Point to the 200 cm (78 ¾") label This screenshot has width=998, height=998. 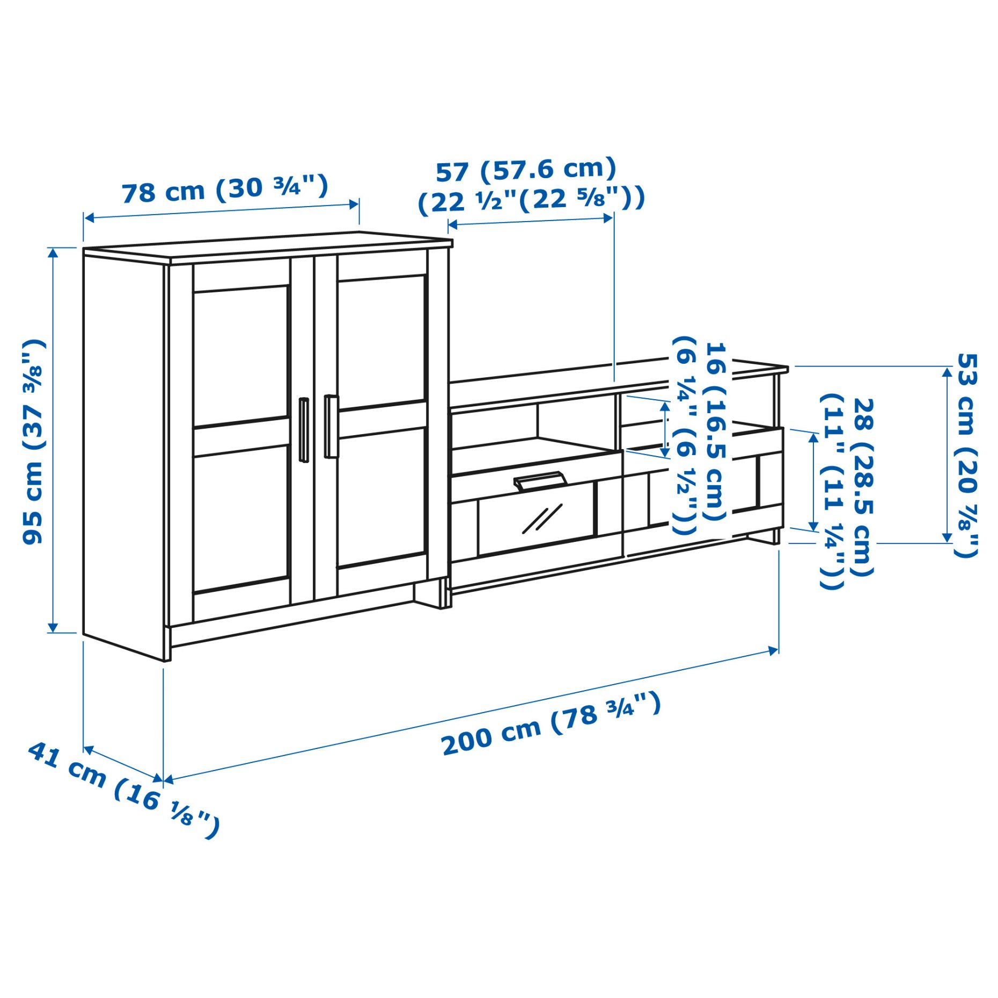pyautogui.click(x=551, y=724)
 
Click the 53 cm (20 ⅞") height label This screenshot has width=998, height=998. pyautogui.click(x=966, y=454)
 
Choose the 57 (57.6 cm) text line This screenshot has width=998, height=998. pyautogui.click(x=526, y=171)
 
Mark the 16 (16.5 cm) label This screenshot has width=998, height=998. pyautogui.click(x=715, y=432)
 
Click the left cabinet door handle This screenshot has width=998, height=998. pyautogui.click(x=304, y=429)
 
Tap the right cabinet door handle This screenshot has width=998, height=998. pyautogui.click(x=331, y=426)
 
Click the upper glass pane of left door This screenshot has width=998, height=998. pyautogui.click(x=241, y=355)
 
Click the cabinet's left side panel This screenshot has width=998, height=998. pyautogui.click(x=123, y=451)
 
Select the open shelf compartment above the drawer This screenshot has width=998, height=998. pyautogui.click(x=537, y=427)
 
